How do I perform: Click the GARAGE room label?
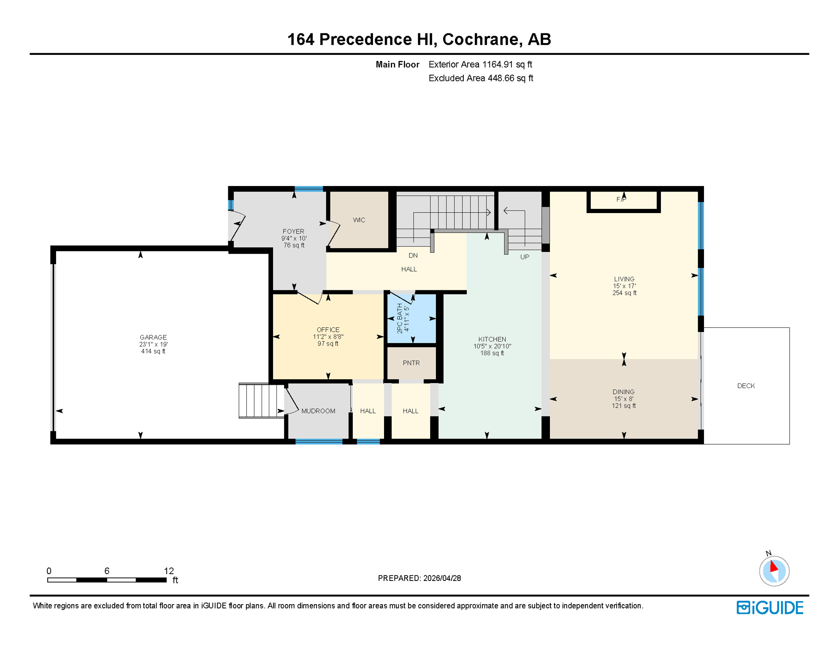(x=153, y=337)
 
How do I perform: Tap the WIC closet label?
(x=359, y=220)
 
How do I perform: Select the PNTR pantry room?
(x=411, y=363)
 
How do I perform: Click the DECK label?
(x=746, y=386)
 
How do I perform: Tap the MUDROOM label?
(x=318, y=411)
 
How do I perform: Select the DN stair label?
(x=413, y=255)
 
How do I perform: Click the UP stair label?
(x=524, y=256)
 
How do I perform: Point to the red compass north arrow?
(x=774, y=566)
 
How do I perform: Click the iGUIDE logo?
(x=770, y=607)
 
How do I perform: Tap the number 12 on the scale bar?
(x=169, y=571)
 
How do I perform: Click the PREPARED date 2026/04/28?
(x=442, y=578)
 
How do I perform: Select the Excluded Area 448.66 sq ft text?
(x=480, y=78)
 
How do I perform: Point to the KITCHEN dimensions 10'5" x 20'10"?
(x=492, y=346)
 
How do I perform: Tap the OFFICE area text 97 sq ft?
(x=328, y=344)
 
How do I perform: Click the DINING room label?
(x=623, y=392)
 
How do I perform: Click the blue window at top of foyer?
(x=309, y=189)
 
